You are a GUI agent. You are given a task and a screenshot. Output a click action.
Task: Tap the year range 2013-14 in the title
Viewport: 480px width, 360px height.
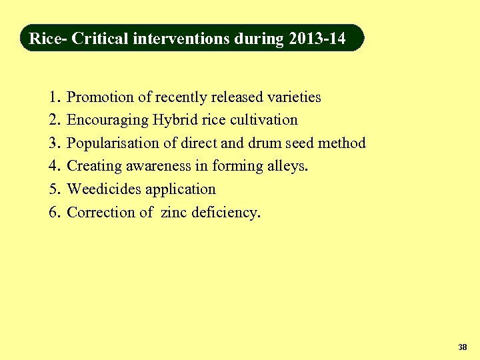pyautogui.click(x=317, y=39)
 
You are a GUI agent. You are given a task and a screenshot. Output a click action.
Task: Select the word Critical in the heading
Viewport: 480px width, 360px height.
pyautogui.click(x=100, y=39)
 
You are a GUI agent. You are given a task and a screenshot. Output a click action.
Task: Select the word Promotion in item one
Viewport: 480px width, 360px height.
pyautogui.click(x=101, y=97)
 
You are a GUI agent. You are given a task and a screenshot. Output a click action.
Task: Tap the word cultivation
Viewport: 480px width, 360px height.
pyautogui.click(x=262, y=120)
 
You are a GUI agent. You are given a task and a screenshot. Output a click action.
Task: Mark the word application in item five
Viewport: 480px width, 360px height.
pyautogui.click(x=181, y=190)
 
